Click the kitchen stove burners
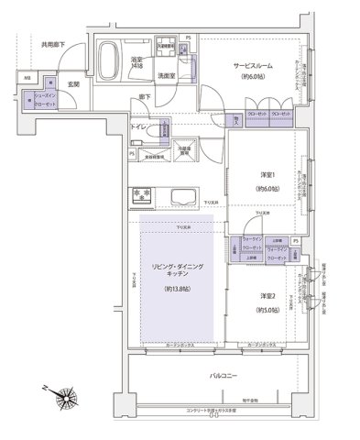pos(143,194)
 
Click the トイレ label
pos(138,127)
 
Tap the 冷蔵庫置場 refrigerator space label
pos(183,148)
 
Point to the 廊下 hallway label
pos(145,96)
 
